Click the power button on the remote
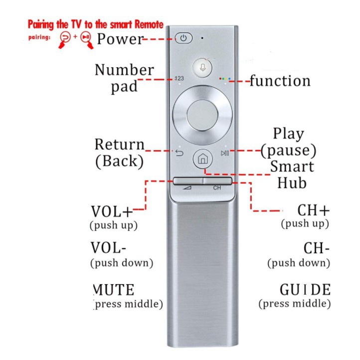click(183, 38)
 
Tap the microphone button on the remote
click(203, 68)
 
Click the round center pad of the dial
click(202, 114)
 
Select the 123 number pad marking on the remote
click(180, 79)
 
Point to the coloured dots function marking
click(224, 79)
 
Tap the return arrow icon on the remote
click(180, 153)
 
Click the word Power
click(120, 39)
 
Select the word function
click(279, 80)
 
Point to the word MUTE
click(114, 290)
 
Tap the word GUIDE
click(305, 290)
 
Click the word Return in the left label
click(120, 145)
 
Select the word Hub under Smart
click(292, 182)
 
